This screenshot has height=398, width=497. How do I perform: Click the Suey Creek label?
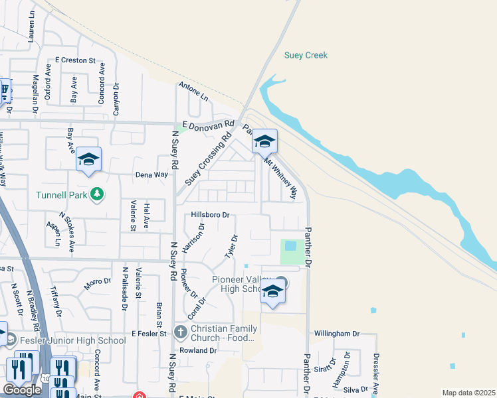pyautogui.click(x=306, y=56)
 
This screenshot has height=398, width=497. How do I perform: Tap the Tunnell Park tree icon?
pyautogui.click(x=98, y=194)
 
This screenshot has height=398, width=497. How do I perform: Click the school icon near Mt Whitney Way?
pyautogui.click(x=264, y=141)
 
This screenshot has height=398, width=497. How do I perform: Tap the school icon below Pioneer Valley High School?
pyautogui.click(x=272, y=291)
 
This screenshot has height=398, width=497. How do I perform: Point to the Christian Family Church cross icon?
pyautogui.click(x=180, y=331)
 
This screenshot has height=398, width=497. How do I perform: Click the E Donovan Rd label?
pyautogui.click(x=209, y=124)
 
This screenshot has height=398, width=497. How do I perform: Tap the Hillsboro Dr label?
pyautogui.click(x=210, y=215)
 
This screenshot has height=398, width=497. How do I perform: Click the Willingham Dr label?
pyautogui.click(x=337, y=334)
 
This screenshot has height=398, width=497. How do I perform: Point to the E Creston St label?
pyautogui.click(x=76, y=60)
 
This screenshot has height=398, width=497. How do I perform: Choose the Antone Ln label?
pyautogui.click(x=193, y=92)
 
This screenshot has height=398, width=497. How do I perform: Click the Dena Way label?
pyautogui.click(x=151, y=174)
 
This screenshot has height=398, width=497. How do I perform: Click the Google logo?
pyautogui.click(x=22, y=390)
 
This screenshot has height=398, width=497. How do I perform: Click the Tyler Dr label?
pyautogui.click(x=231, y=247)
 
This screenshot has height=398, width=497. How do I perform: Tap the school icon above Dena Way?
pyautogui.click(x=88, y=159)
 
